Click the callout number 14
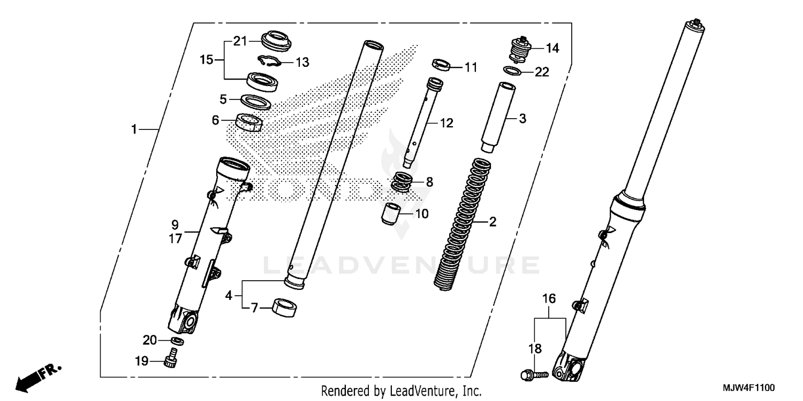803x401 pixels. tap(552, 49)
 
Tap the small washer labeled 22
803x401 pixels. tap(513, 71)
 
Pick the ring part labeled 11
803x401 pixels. tap(441, 65)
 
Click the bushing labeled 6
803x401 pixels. tap(249, 122)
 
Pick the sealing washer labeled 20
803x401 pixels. tap(178, 341)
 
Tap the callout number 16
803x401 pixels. tap(549, 298)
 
